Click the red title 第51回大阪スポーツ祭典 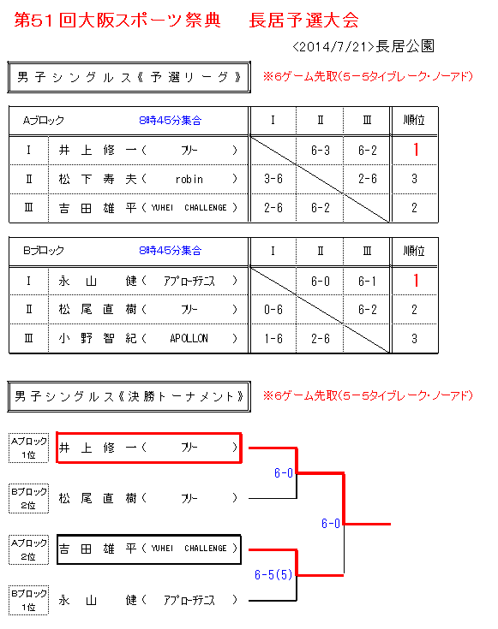(x=117, y=20)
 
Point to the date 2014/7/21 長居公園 (x=363, y=46)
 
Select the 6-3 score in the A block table (x=320, y=151)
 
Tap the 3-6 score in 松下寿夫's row (x=273, y=179)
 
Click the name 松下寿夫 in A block (x=98, y=179)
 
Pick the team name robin (x=189, y=180)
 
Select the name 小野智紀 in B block (x=98, y=339)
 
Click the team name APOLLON (x=189, y=339)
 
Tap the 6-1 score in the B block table (x=367, y=282)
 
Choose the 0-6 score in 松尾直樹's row (x=273, y=310)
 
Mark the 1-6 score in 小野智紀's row (x=273, y=339)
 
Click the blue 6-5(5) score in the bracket (x=273, y=575)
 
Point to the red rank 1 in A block (x=416, y=150)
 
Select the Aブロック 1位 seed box (x=28, y=448)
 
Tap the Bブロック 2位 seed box (x=28, y=498)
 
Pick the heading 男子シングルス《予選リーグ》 (x=129, y=77)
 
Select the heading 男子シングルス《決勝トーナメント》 (x=129, y=397)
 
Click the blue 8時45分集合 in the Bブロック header (x=171, y=251)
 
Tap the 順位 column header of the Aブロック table (x=414, y=120)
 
